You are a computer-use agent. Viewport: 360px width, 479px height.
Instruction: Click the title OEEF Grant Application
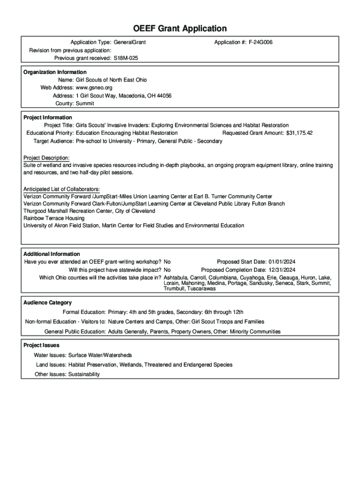point(180,29)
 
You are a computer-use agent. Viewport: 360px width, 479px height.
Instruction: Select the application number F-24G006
point(261,43)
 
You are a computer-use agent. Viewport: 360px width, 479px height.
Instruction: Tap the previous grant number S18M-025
point(126,58)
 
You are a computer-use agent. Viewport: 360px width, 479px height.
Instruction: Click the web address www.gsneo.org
point(94,87)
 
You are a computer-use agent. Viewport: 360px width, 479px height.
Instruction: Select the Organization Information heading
point(55,72)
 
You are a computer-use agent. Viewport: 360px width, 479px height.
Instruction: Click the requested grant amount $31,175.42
point(299,133)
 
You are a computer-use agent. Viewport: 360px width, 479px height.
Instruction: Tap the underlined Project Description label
point(46,158)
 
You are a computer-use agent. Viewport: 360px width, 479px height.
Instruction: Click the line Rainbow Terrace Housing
point(54,218)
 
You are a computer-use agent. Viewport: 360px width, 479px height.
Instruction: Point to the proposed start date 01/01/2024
point(282,262)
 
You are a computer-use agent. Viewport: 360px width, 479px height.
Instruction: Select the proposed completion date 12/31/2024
point(282,270)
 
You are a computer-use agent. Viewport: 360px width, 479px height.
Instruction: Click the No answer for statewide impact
point(167,270)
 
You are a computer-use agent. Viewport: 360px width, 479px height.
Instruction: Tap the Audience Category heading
point(47,303)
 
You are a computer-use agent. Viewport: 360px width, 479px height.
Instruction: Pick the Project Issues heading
point(41,345)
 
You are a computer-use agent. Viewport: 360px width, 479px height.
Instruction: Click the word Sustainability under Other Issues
point(84,374)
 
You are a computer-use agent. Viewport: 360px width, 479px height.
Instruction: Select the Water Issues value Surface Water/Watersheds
point(100,356)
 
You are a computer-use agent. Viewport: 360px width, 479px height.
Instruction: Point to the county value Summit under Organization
point(85,103)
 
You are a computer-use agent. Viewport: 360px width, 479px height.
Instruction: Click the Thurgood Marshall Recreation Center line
point(89,211)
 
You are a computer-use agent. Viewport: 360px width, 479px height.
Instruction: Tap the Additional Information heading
point(51,254)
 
